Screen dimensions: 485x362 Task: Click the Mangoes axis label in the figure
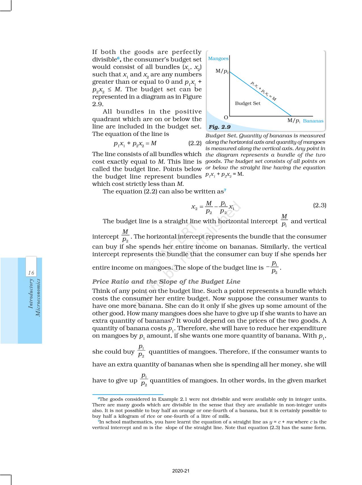[218, 58]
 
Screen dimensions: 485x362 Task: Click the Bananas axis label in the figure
[313, 121]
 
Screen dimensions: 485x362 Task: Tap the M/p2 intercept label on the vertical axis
[222, 71]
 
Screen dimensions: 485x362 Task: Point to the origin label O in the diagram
[226, 117]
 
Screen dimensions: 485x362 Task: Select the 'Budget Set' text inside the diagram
[248, 103]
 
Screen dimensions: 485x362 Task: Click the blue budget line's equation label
[263, 91]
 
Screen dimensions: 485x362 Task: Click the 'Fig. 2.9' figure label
[219, 127]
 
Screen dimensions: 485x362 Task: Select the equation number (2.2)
[195, 143]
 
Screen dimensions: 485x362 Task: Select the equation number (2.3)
[319, 205]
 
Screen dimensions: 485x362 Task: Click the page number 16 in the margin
[31, 273]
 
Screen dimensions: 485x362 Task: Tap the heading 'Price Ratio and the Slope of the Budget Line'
[166, 282]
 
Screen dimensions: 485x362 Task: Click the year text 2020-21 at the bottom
[181, 471]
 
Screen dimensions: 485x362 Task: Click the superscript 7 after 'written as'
[225, 190]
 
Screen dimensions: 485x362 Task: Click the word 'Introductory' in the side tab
[31, 294]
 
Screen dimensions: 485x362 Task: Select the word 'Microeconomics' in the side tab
[38, 298]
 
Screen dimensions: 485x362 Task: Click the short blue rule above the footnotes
[128, 394]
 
